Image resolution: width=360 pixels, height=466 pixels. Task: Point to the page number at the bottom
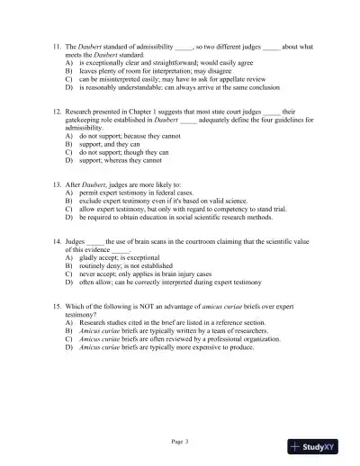pyautogui.click(x=180, y=442)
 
